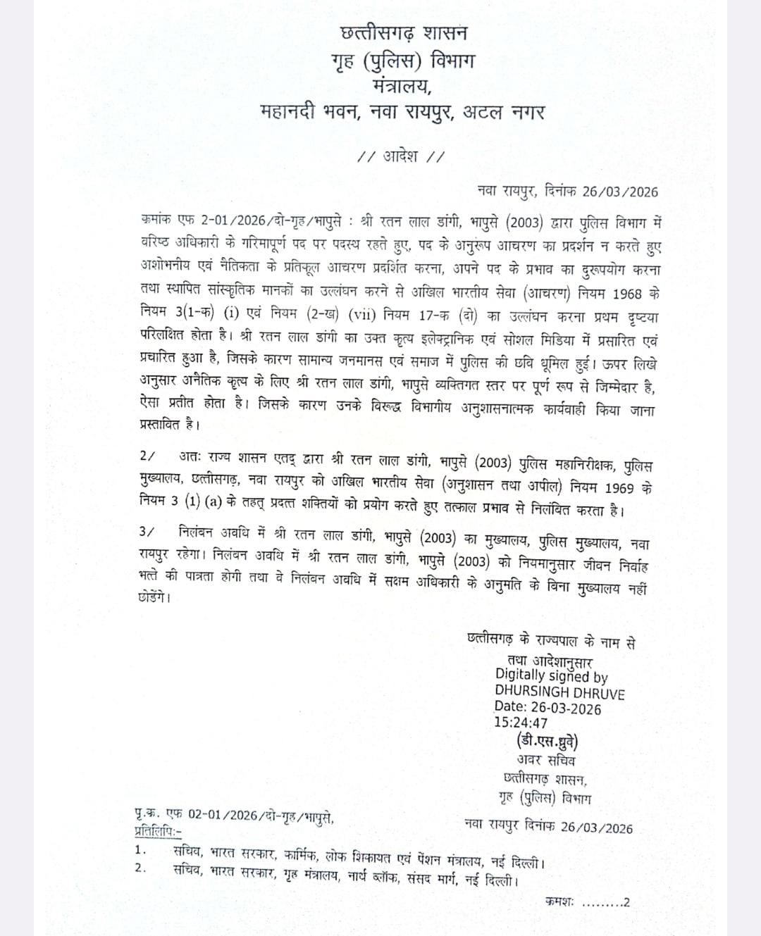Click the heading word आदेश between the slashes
(x=400, y=156)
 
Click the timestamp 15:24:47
(x=521, y=723)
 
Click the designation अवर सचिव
(x=545, y=761)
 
